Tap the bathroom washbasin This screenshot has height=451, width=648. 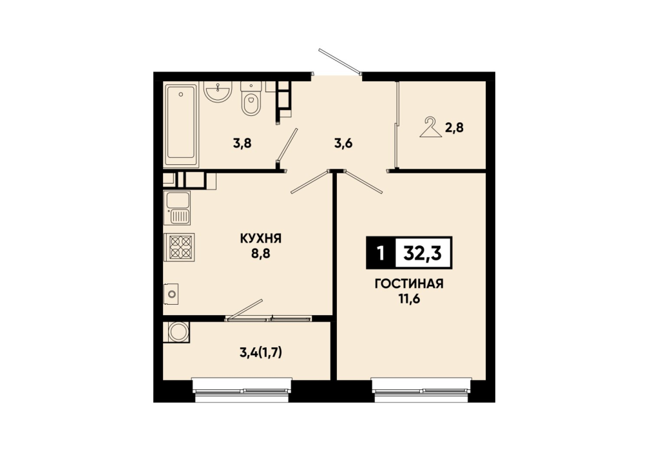(x=218, y=91)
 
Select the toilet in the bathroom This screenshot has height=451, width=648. (x=251, y=99)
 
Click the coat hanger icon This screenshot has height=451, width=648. (x=431, y=127)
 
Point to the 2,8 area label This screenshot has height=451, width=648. (x=454, y=128)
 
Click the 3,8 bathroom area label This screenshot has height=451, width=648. (x=242, y=144)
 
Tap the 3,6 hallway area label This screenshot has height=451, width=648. (x=343, y=144)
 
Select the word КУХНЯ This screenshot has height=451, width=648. (x=261, y=238)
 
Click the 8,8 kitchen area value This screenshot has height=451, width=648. (x=261, y=253)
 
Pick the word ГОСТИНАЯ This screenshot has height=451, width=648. (x=409, y=283)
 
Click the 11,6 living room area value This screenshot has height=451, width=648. (x=409, y=299)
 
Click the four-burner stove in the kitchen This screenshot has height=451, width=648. (x=179, y=247)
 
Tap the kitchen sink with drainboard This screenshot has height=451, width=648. (x=177, y=208)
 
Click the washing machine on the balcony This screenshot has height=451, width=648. (x=176, y=332)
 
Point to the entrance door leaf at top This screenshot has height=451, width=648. (x=339, y=62)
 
